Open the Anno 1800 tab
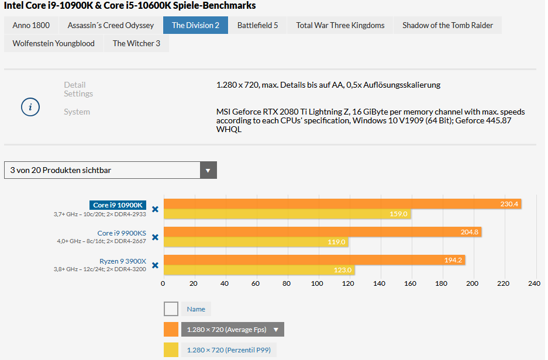31,25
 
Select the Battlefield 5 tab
257,25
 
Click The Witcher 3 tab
136,43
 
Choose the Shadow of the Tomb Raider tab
447,25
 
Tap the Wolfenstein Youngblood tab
53,43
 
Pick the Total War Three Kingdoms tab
340,25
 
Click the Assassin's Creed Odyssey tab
111,25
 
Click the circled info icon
30,108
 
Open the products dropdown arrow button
208,171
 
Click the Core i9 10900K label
118,205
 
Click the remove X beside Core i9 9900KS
155,237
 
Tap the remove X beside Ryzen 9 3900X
155,265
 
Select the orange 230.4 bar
342,204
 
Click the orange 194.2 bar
314,260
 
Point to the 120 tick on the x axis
348,283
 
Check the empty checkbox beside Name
171,309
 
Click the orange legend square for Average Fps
171,330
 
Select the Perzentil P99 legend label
229,350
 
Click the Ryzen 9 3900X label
123,261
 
